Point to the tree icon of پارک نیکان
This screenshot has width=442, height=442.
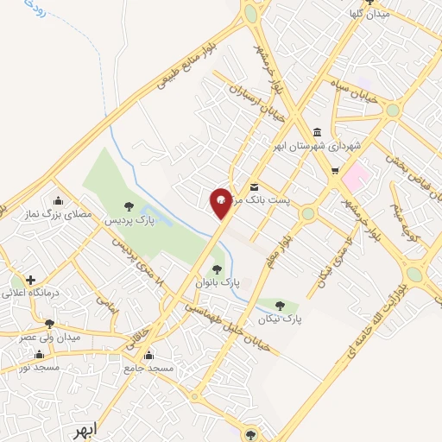coord(279,305)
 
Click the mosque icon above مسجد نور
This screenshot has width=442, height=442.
coord(39,355)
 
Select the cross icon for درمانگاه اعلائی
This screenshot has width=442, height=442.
coord(31,280)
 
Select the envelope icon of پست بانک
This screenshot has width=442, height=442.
coord(254,187)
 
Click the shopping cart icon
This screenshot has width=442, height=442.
coord(335,170)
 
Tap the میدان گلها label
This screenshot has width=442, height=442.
coord(371,15)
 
